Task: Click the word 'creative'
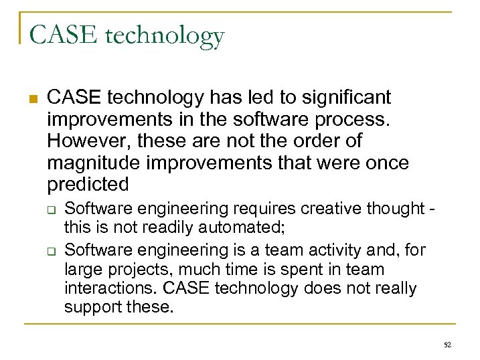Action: [x=324, y=209]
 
